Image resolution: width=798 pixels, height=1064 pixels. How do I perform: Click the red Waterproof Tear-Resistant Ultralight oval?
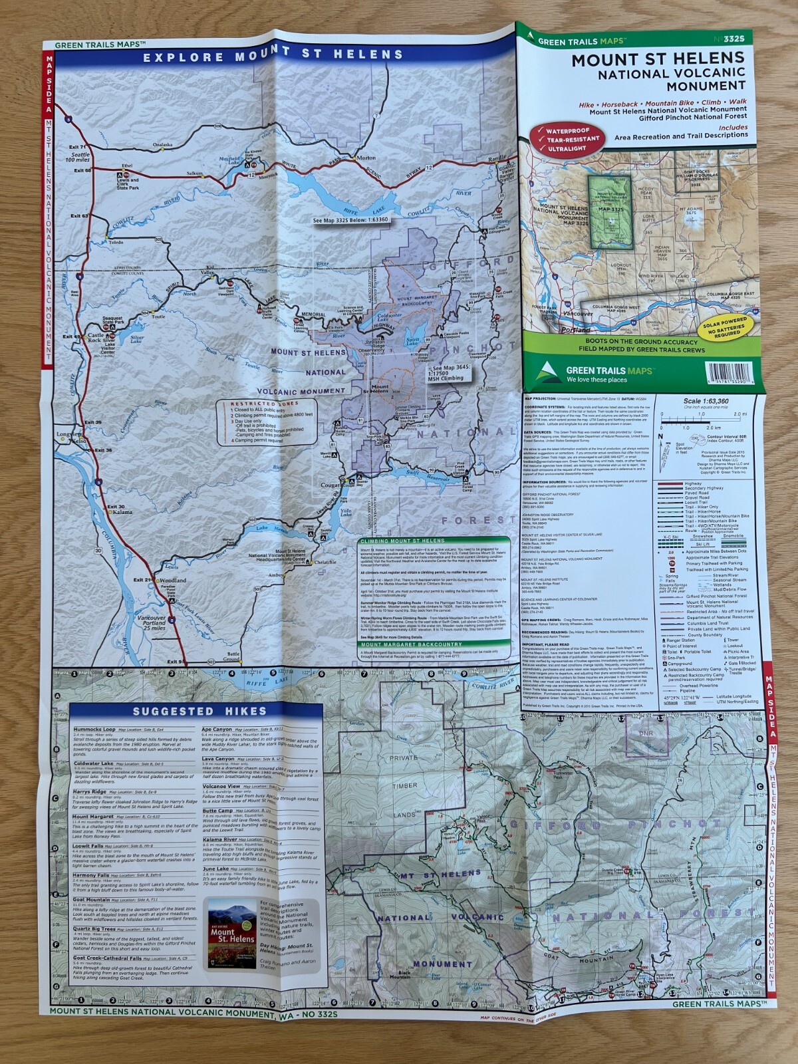coord(567,139)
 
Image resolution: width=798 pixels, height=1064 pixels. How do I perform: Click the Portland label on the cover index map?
coord(575,330)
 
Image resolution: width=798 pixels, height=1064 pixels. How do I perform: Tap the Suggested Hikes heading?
coord(199,712)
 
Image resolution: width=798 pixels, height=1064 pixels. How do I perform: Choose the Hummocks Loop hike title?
coord(94,729)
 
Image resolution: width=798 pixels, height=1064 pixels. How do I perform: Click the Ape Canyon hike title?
coord(217,729)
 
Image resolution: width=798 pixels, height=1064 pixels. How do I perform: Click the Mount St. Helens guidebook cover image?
coord(231,934)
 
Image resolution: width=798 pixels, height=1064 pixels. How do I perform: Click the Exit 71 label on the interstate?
coord(78,147)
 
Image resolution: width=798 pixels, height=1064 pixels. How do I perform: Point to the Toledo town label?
coord(116,242)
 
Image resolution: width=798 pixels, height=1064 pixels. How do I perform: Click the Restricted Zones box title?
coord(253,404)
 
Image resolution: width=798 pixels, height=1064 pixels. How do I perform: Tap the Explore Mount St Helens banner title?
coord(273,55)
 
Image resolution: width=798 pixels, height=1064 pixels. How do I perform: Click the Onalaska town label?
coord(162,144)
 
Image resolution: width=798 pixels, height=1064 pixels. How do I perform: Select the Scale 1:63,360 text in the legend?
coord(706,402)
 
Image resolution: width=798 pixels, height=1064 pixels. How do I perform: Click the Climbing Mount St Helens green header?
coord(402,541)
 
